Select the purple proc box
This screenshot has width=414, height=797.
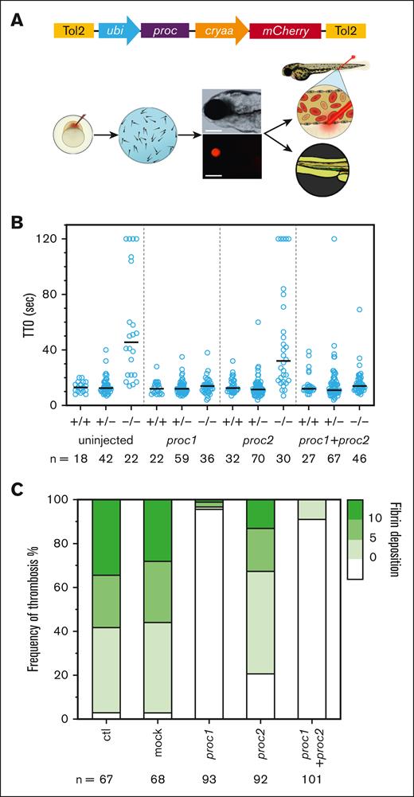click(164, 31)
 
